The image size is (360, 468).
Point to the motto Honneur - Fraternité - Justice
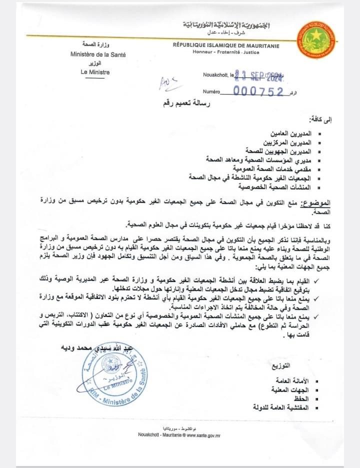point(226,52)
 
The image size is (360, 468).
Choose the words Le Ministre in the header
point(90,72)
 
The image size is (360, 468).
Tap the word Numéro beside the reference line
point(211,92)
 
